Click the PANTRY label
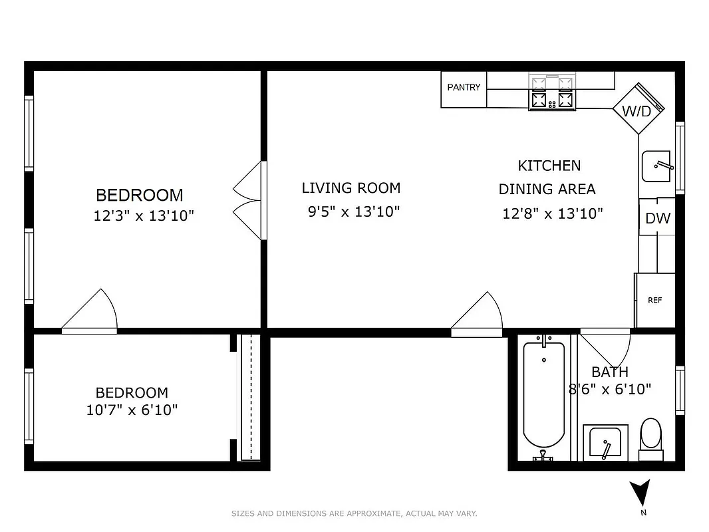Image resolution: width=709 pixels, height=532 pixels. [x=464, y=88]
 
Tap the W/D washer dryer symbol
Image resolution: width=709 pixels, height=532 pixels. [x=637, y=110]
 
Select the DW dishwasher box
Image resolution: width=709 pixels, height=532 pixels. [x=657, y=217]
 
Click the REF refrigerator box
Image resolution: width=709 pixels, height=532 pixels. [x=655, y=300]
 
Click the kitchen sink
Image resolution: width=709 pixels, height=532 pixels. [x=657, y=166]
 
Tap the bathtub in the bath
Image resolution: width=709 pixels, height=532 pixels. [x=543, y=397]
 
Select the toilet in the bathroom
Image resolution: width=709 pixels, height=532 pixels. [x=651, y=436]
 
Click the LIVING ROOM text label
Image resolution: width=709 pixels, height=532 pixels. [x=351, y=188]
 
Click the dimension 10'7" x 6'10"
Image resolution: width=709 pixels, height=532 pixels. [x=132, y=410]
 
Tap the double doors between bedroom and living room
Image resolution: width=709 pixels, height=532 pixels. [x=249, y=200]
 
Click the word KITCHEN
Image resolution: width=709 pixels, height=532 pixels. [x=549, y=166]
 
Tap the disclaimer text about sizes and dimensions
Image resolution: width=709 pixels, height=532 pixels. [x=354, y=513]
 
